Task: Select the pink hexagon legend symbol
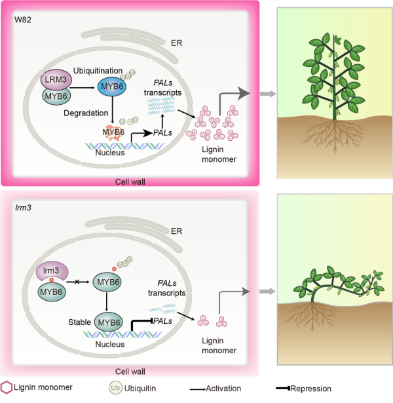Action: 9,389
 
